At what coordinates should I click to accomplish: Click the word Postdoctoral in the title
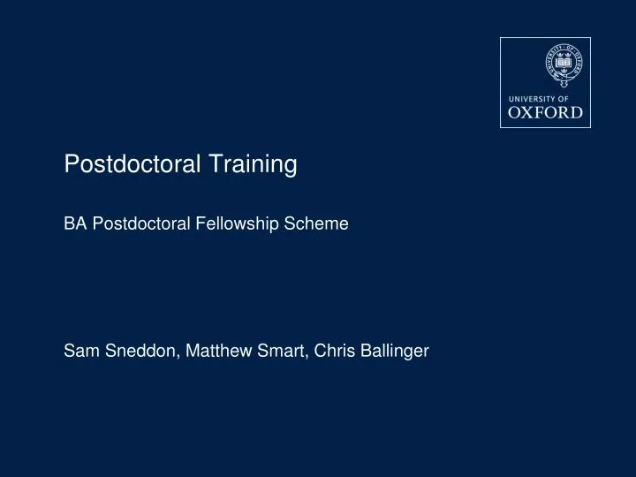click(x=131, y=164)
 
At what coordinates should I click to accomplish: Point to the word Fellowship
click(x=237, y=224)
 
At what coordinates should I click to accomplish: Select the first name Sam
click(x=78, y=352)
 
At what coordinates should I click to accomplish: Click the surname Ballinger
click(x=392, y=352)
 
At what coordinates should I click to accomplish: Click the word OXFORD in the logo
click(x=546, y=112)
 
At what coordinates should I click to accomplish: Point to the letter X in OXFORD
click(x=532, y=112)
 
